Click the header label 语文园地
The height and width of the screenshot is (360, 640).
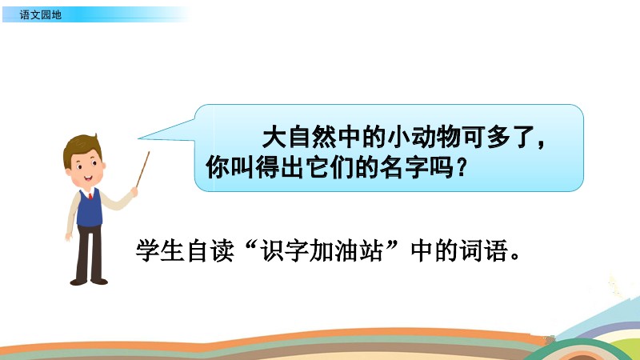tap(41, 14)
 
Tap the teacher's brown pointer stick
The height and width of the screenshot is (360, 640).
tap(143, 170)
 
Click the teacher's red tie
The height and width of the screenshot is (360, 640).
tap(90, 196)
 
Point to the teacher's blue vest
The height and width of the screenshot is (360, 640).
tap(90, 208)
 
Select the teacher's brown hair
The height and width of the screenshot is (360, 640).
tap(82, 146)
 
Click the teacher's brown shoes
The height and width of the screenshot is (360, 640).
tap(89, 282)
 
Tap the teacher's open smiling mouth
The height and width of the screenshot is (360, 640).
tap(88, 178)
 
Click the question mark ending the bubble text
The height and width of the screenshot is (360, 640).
tap(461, 167)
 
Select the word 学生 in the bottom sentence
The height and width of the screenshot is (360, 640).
tap(159, 250)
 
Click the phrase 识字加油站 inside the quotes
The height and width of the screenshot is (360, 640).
tap(322, 250)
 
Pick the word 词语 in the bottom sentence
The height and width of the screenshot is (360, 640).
tap(484, 250)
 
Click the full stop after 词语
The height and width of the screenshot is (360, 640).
tap(515, 257)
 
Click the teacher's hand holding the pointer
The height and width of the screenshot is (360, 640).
tap(134, 191)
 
